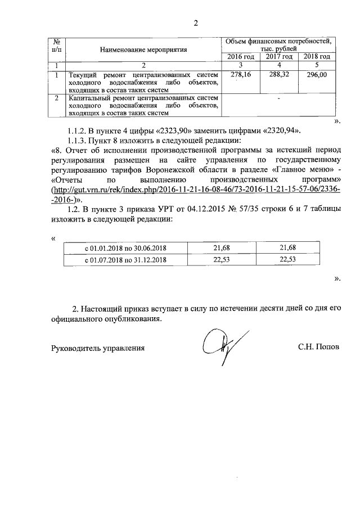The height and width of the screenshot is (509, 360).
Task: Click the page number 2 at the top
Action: pos(196,23)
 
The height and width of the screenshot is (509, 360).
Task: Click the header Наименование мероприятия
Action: pos(143,49)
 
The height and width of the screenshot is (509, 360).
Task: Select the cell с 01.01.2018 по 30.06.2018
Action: pos(126,248)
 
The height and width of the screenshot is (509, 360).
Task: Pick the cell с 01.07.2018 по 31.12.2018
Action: pos(126,260)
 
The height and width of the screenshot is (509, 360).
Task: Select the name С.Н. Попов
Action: pos(319,348)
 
